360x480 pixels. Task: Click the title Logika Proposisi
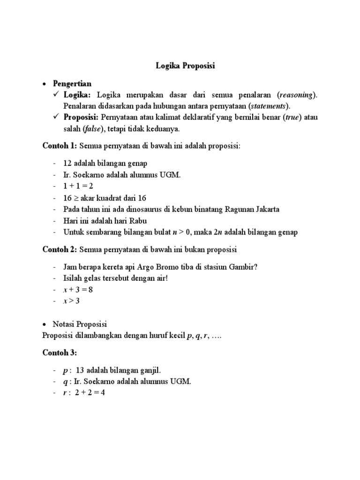click(185, 67)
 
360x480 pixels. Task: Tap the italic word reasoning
click(297, 95)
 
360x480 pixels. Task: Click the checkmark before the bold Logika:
click(56, 95)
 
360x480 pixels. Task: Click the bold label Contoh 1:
click(60, 146)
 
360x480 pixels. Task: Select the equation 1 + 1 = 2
click(78, 186)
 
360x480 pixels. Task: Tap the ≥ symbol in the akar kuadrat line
click(77, 198)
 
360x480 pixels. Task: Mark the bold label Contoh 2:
click(60, 249)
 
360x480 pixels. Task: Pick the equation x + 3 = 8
click(78, 290)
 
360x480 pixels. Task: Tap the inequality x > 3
click(72, 301)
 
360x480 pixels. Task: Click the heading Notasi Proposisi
click(80, 324)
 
